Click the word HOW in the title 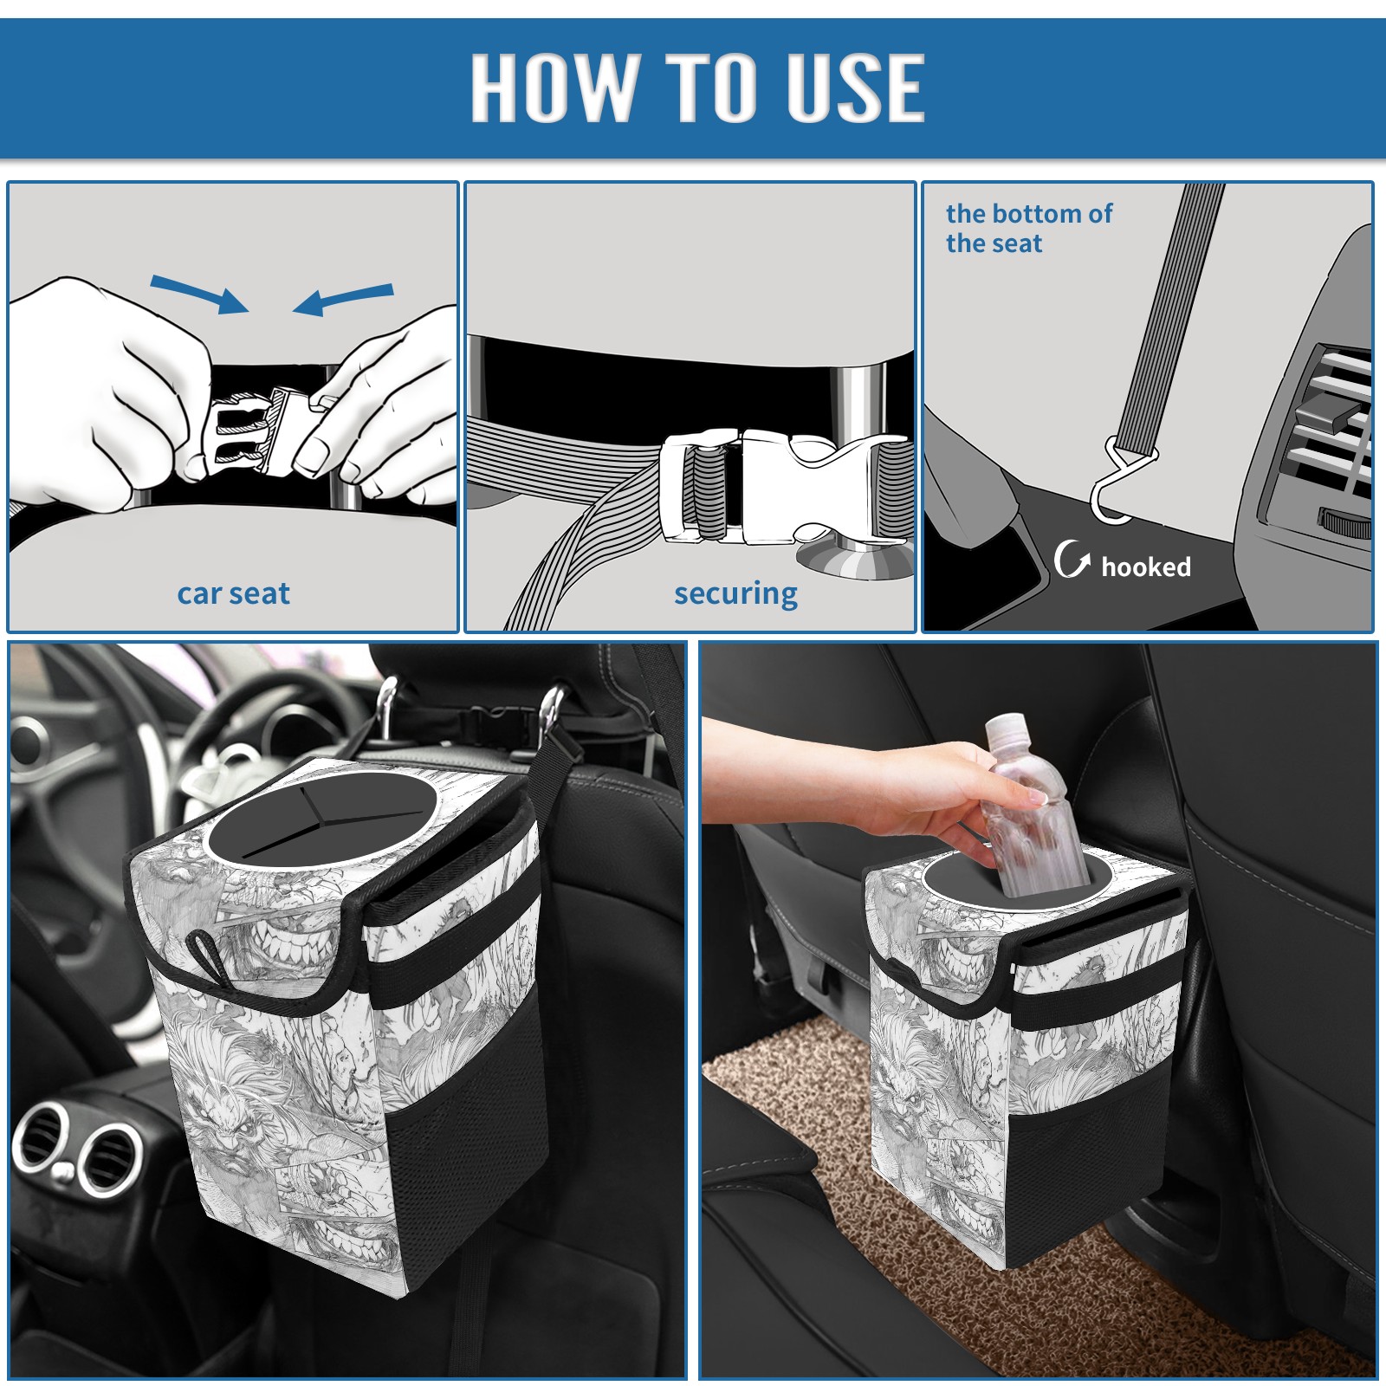[554, 87]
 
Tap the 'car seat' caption [233, 593]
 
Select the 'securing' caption [735, 593]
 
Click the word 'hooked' [1146, 567]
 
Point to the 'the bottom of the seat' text [1028, 228]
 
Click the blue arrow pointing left [343, 300]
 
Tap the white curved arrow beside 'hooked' [1072, 559]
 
